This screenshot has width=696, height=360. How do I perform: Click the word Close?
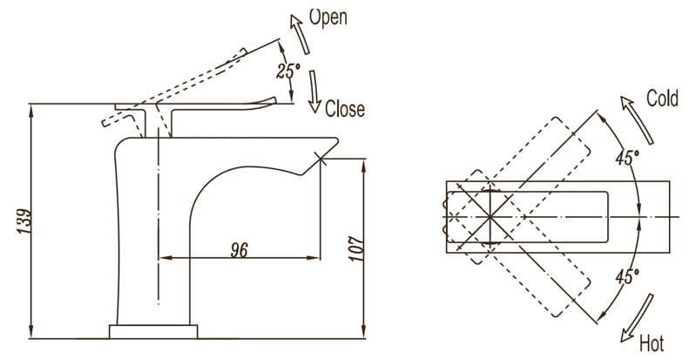click(x=345, y=109)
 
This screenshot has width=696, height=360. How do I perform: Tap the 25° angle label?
click(x=287, y=71)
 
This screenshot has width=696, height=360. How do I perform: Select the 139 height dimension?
click(x=24, y=221)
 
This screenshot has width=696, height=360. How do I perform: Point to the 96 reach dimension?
click(x=240, y=249)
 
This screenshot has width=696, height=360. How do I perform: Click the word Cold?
click(x=661, y=98)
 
